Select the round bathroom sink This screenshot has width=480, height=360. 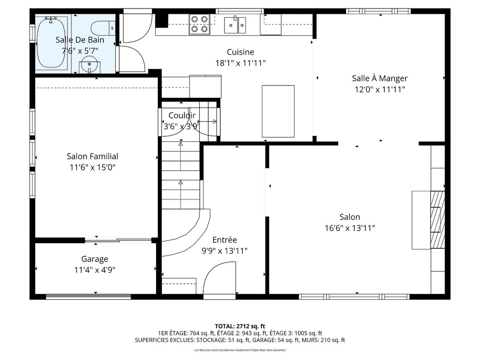[x=89, y=64]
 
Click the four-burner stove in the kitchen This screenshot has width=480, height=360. [x=199, y=24]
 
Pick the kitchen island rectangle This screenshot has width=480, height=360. [x=278, y=111]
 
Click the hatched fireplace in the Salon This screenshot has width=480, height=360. [x=437, y=220]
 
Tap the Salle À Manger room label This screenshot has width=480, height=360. [x=380, y=78]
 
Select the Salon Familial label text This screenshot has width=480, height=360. [x=92, y=156]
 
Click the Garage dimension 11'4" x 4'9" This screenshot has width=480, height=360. [x=95, y=270]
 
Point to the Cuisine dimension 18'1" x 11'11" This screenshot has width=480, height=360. [x=240, y=63]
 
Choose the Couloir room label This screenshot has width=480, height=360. [x=182, y=115]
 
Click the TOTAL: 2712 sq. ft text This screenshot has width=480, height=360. [x=240, y=326]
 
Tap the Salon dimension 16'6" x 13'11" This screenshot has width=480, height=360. [x=350, y=228]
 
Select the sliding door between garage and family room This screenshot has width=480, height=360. [x=118, y=241]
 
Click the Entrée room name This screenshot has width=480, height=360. [x=224, y=240]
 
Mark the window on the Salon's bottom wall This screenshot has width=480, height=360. [x=354, y=296]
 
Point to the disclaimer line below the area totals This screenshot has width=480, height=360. [x=240, y=350]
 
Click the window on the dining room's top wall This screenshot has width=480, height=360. [x=378, y=11]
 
